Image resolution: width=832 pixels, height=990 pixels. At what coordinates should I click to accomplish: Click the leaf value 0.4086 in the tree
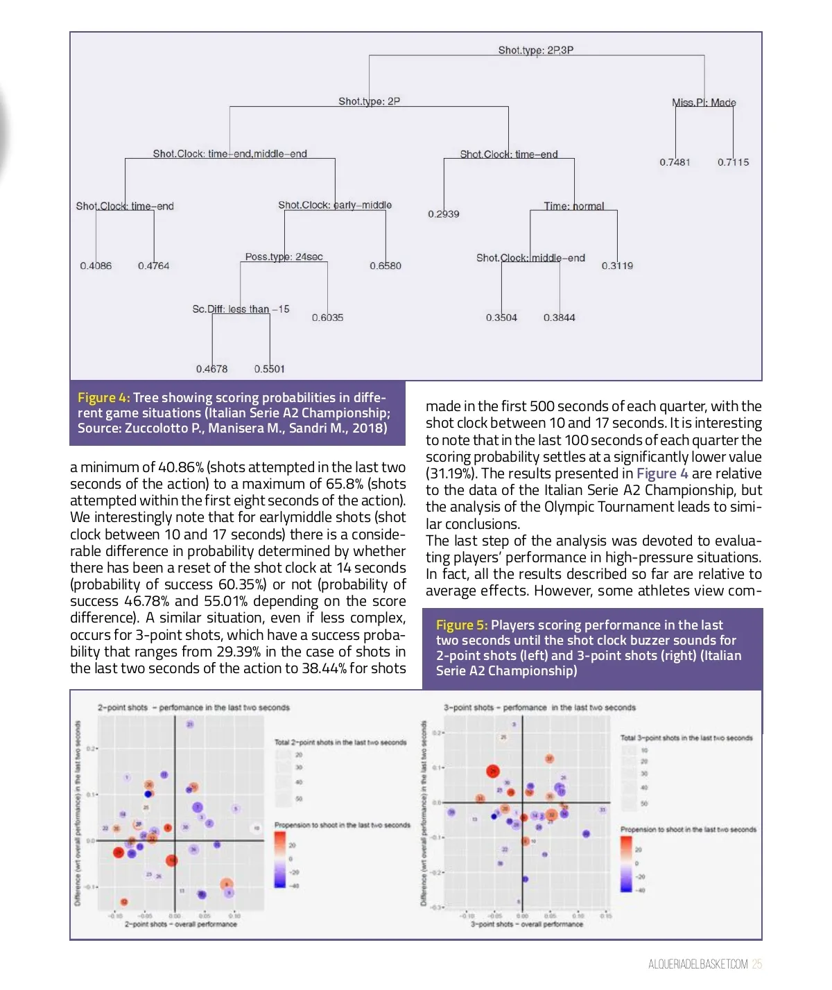(96, 266)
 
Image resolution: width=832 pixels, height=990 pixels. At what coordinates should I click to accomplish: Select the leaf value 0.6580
(385, 266)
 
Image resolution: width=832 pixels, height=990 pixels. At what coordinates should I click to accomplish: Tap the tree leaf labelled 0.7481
(675, 162)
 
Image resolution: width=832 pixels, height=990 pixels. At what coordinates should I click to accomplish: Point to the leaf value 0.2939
(444, 214)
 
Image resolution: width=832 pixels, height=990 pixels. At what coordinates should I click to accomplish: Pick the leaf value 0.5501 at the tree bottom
(270, 369)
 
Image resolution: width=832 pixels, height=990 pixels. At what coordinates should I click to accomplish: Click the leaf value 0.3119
(617, 266)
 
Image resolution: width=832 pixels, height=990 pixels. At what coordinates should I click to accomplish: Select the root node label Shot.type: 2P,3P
(536, 50)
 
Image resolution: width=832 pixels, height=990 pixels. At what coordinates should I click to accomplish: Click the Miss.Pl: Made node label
(704, 103)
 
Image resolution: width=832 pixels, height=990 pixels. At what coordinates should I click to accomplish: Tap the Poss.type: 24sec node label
(284, 257)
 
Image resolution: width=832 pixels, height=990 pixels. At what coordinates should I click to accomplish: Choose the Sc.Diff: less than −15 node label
(241, 309)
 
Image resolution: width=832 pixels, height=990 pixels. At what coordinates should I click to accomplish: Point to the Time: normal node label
(574, 206)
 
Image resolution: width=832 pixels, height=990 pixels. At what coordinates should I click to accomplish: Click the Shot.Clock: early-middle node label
(335, 205)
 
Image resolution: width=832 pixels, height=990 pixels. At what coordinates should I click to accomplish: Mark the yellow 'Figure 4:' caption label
(104, 398)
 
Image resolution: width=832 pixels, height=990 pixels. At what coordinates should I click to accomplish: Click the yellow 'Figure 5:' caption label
(462, 625)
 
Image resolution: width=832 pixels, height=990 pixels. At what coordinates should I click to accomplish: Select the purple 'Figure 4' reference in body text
(662, 474)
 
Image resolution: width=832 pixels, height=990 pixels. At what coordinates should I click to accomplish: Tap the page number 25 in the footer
(757, 964)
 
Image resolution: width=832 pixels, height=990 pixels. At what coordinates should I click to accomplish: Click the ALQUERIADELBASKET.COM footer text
(698, 964)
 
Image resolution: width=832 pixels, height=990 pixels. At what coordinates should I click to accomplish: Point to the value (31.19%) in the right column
(451, 474)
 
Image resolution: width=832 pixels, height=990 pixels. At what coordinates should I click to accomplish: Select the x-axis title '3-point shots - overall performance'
(527, 924)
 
